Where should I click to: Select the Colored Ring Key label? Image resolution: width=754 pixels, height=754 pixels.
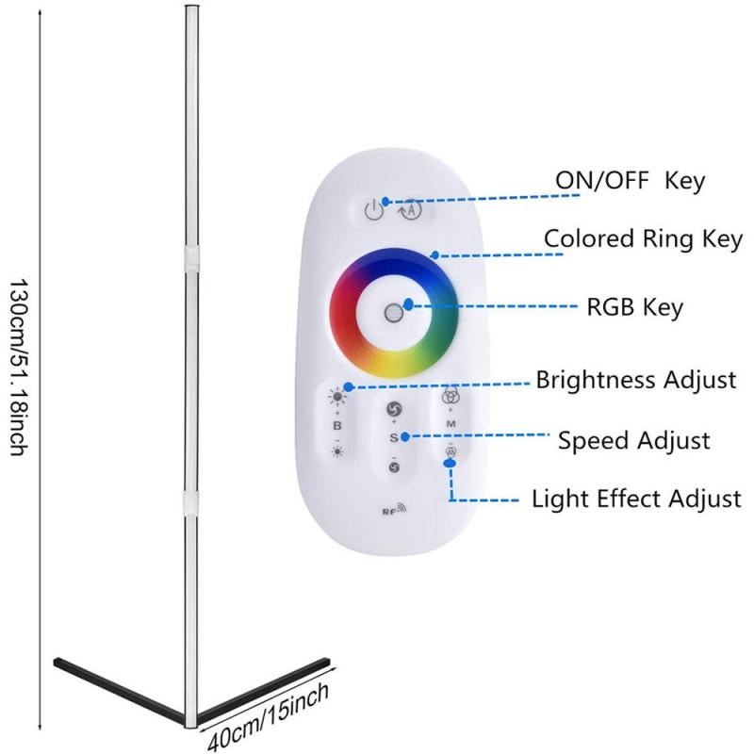tap(643, 238)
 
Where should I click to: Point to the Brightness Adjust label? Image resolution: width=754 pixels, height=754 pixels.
tap(635, 381)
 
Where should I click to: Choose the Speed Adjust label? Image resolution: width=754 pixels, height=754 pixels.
tap(633, 440)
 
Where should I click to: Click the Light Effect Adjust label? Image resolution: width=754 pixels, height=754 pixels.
tap(636, 498)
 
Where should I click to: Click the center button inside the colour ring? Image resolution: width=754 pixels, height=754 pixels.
tap(393, 314)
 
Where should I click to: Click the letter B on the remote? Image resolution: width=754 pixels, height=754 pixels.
tap(336, 425)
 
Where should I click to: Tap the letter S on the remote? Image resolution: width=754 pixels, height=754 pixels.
tap(395, 438)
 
